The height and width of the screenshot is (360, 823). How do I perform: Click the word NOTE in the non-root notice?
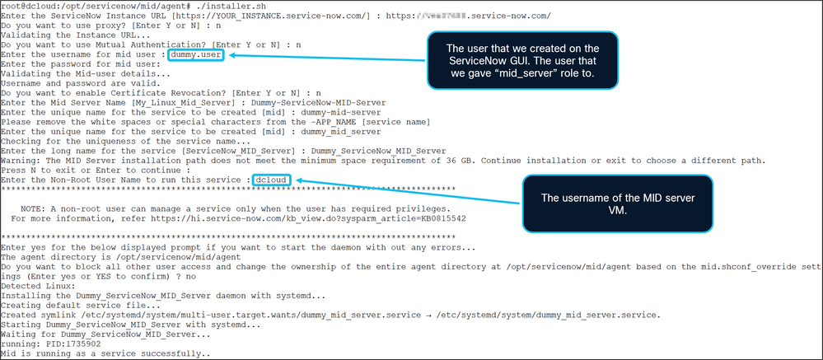tap(35, 209)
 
